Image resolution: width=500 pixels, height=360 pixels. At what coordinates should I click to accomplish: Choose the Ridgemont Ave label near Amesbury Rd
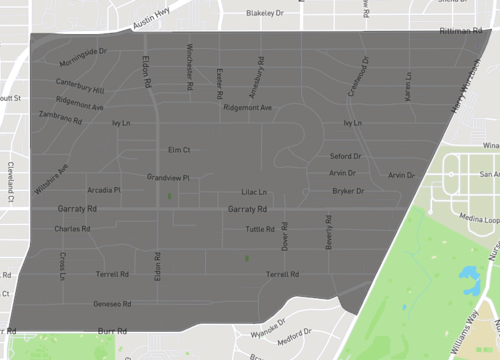click(x=247, y=106)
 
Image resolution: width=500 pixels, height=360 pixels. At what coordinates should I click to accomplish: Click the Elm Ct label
click(x=179, y=148)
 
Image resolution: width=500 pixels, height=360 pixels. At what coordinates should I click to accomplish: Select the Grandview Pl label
click(x=168, y=177)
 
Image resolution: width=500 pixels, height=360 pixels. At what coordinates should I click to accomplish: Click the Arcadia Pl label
click(x=104, y=189)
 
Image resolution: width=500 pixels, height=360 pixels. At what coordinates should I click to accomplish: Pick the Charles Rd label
click(x=72, y=228)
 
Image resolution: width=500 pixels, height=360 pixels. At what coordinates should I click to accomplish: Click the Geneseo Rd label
click(x=112, y=303)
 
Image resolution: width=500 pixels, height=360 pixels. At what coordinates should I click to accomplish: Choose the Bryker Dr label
click(x=347, y=190)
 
